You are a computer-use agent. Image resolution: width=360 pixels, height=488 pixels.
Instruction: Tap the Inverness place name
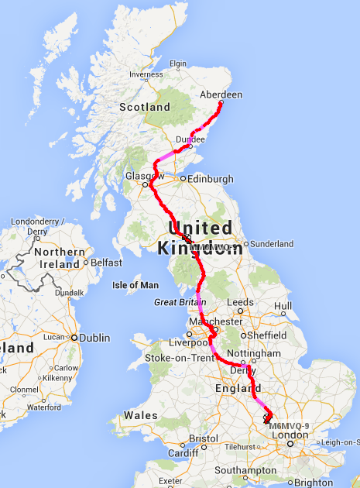pos(146,74)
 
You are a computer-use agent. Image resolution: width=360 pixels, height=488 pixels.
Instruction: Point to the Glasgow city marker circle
pos(145,185)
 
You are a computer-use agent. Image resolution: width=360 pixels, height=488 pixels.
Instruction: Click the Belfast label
pos(107,263)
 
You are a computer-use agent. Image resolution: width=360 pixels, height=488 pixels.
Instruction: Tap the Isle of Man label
pos(135,285)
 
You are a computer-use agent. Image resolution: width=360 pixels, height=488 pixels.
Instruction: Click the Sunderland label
pos(271,243)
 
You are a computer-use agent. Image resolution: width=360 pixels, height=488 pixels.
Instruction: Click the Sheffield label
pos(266,336)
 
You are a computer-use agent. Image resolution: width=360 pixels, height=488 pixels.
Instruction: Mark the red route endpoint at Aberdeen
pos(221,103)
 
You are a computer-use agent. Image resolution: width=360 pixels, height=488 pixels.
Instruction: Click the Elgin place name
pos(179,64)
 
